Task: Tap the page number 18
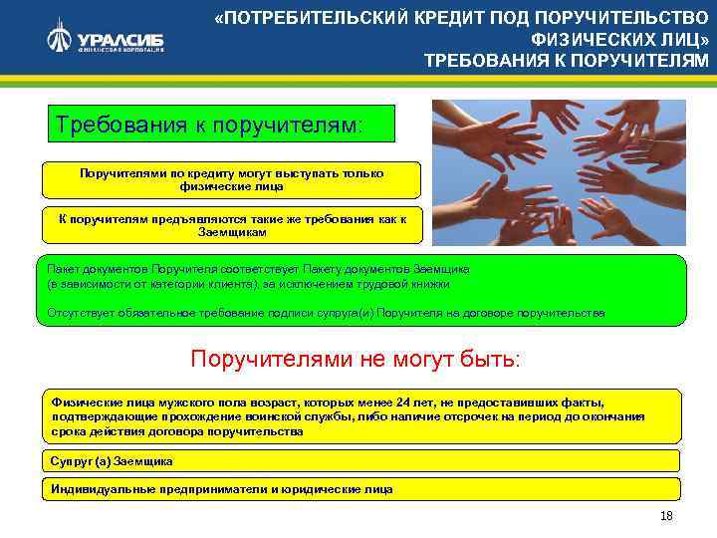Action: point(666,515)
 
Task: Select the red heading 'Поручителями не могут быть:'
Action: point(355,358)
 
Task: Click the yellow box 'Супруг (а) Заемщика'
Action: point(112,461)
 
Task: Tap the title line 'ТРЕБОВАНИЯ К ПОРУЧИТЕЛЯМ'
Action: point(567,61)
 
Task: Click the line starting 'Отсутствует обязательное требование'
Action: point(326,313)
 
